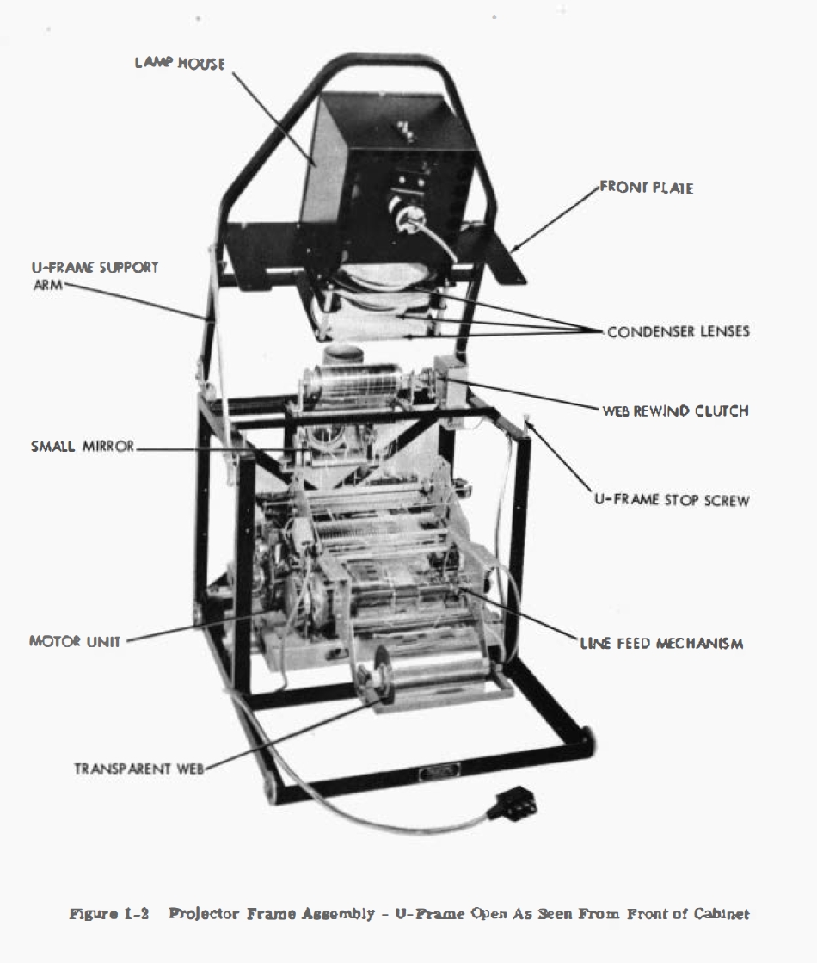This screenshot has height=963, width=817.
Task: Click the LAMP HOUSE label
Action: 180,64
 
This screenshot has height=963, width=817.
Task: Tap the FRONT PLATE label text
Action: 646,188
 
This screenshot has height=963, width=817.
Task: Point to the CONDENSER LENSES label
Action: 678,332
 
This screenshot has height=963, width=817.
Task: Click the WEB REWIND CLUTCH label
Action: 674,411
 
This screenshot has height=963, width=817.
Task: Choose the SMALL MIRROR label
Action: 83,448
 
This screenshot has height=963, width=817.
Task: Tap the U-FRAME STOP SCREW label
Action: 671,500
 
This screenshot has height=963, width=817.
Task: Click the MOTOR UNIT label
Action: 76,641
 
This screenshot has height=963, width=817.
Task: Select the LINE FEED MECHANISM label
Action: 661,643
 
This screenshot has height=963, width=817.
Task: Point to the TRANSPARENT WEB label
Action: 138,769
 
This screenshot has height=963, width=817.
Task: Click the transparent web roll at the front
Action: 430,680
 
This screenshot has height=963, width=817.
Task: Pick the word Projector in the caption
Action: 200,914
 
